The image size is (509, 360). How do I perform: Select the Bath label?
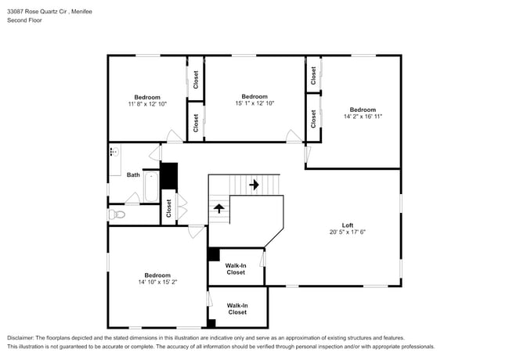click(x=133, y=175)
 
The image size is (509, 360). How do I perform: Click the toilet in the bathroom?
click(x=117, y=214)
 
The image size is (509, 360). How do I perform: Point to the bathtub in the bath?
click(x=151, y=185)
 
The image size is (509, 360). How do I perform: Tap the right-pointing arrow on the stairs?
click(x=254, y=185)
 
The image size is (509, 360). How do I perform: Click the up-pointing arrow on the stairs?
click(x=219, y=208)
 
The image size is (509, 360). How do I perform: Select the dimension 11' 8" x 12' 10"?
click(x=146, y=104)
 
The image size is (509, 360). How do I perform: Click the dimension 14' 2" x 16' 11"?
click(x=362, y=116)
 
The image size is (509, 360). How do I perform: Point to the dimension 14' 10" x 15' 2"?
click(x=157, y=282)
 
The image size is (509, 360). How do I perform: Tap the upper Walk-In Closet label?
click(x=236, y=269)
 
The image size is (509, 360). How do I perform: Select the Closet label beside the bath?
click(x=168, y=208)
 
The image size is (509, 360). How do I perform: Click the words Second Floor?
click(x=24, y=20)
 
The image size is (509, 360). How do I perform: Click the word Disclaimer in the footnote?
click(x=24, y=337)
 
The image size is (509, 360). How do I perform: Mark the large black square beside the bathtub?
click(x=169, y=175)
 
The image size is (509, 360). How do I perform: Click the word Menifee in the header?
click(x=99, y=11)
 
